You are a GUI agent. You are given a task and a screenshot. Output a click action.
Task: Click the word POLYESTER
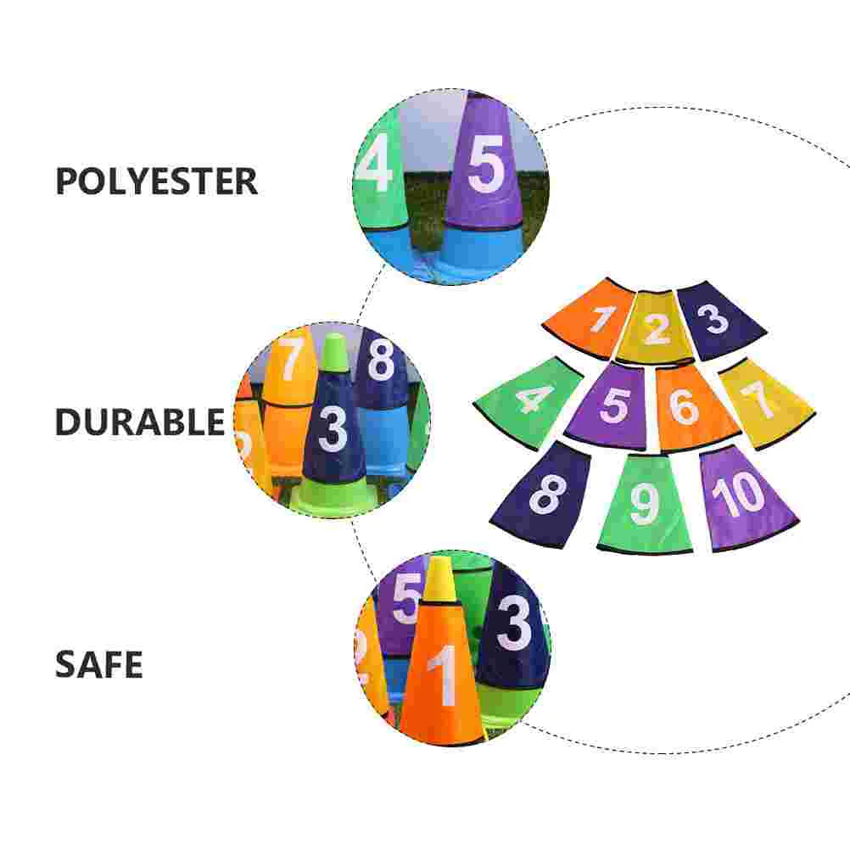[156, 182]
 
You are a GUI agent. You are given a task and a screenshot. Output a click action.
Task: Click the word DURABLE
[140, 422]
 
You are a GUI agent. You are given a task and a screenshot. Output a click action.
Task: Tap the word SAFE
[99, 664]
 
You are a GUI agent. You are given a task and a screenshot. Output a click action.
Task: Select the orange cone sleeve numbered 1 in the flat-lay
[591, 318]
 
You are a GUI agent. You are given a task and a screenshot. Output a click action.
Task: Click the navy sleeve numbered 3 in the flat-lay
[718, 320]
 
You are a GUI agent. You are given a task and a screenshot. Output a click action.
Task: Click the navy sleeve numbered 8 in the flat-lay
[545, 493]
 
